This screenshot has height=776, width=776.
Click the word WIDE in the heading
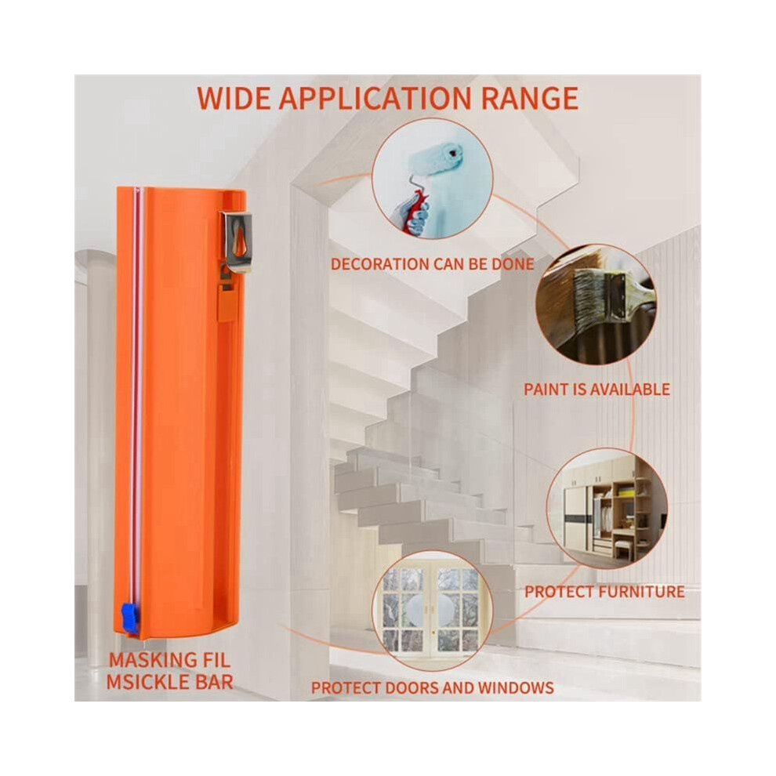pos(234,98)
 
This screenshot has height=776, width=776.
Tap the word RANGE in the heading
pos(530,98)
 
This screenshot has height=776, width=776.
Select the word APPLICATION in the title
pos(375,98)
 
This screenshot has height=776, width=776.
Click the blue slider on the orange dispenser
pos(129,616)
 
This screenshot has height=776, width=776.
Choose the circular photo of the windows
pos(432,610)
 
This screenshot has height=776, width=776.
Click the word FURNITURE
pos(641,592)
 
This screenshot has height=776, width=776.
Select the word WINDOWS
pos(516,688)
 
